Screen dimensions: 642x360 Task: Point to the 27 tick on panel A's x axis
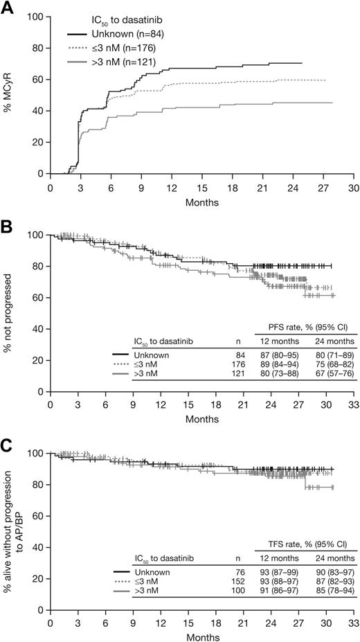(x=323, y=188)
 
